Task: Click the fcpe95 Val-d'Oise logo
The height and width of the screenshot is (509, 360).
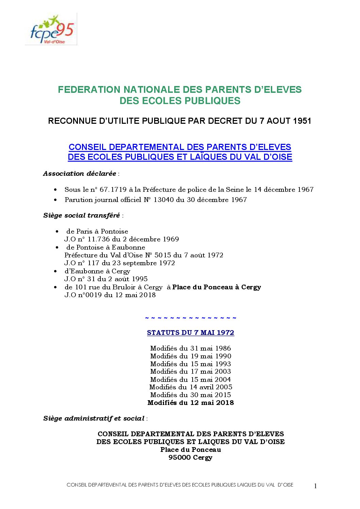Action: pos(51,30)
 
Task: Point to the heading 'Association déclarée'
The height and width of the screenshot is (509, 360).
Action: pos(80,174)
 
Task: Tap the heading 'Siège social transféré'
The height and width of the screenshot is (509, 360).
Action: pos(82,216)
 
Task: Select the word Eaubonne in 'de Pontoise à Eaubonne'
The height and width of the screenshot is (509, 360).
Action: pos(128,248)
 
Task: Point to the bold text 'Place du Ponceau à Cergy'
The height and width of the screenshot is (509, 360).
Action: pos(216,287)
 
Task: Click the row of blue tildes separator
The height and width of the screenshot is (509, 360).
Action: pos(191,318)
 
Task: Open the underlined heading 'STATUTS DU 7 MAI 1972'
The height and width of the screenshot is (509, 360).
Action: pos(191,333)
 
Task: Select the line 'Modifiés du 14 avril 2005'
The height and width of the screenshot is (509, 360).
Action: pos(191,387)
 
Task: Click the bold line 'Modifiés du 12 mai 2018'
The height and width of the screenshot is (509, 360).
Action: pos(191,403)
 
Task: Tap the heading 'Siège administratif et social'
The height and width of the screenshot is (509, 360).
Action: pos(94,419)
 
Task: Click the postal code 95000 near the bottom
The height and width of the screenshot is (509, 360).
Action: pos(179,458)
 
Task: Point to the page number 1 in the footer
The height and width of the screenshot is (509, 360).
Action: pos(315,486)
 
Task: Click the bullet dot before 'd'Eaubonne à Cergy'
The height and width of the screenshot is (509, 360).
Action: pos(55,271)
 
